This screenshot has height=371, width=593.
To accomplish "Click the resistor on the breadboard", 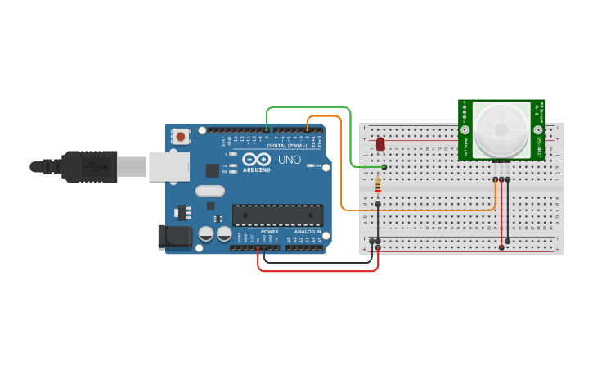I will point(377,186).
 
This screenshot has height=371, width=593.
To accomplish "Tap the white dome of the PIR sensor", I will point(501,129).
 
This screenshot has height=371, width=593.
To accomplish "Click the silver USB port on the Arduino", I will point(168,166).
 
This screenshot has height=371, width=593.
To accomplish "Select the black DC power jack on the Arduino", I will point(174,237).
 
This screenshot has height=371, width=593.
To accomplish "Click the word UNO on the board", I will point(290,159).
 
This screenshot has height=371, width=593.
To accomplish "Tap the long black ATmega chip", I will point(277,215).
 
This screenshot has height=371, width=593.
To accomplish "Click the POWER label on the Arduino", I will point(269,232).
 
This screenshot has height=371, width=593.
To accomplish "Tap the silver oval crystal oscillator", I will point(210,191).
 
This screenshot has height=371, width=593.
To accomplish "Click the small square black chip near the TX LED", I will point(213,170).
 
